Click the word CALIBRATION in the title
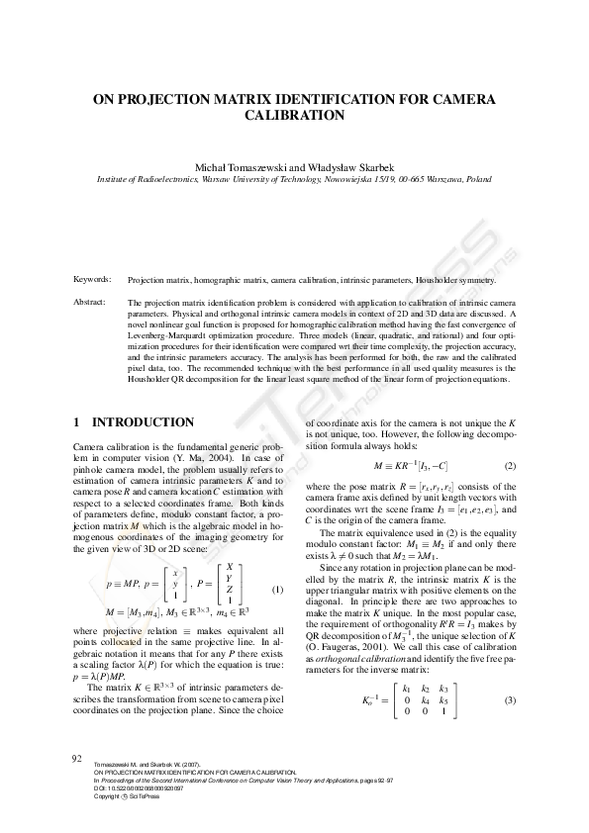pos(294,115)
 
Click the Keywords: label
pos(92,253)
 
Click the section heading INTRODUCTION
pos(142,422)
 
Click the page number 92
pos(75,759)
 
